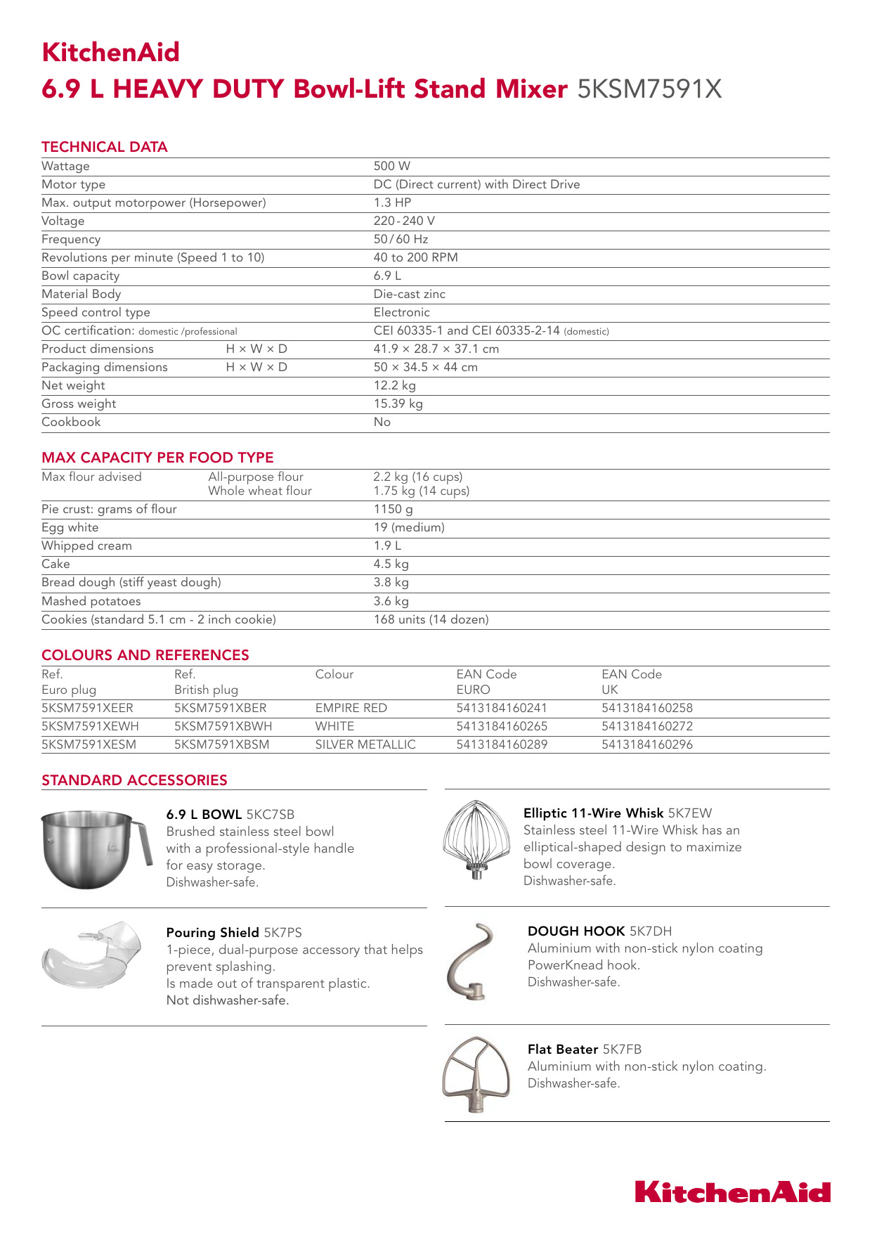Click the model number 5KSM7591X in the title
(x=649, y=89)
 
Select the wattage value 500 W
(x=391, y=166)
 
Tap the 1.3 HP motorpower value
(x=392, y=202)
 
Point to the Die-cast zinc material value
(x=409, y=294)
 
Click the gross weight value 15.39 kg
(x=398, y=404)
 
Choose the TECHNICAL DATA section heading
(x=105, y=147)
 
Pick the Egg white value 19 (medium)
(x=408, y=527)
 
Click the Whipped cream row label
(x=86, y=546)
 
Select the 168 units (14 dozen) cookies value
(x=431, y=619)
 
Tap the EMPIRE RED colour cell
(x=351, y=708)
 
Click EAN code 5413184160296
(x=646, y=744)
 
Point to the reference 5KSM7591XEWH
(x=90, y=726)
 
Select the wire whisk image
(x=476, y=839)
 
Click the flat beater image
(x=476, y=1073)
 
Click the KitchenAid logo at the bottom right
(x=732, y=1192)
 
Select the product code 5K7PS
(x=282, y=933)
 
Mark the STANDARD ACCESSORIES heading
(x=134, y=780)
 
